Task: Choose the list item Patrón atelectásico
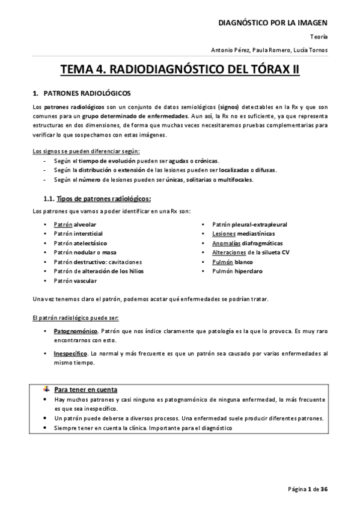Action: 79,243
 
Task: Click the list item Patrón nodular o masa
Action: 85,253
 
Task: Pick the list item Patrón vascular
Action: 75,280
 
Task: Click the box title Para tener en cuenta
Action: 85,389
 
